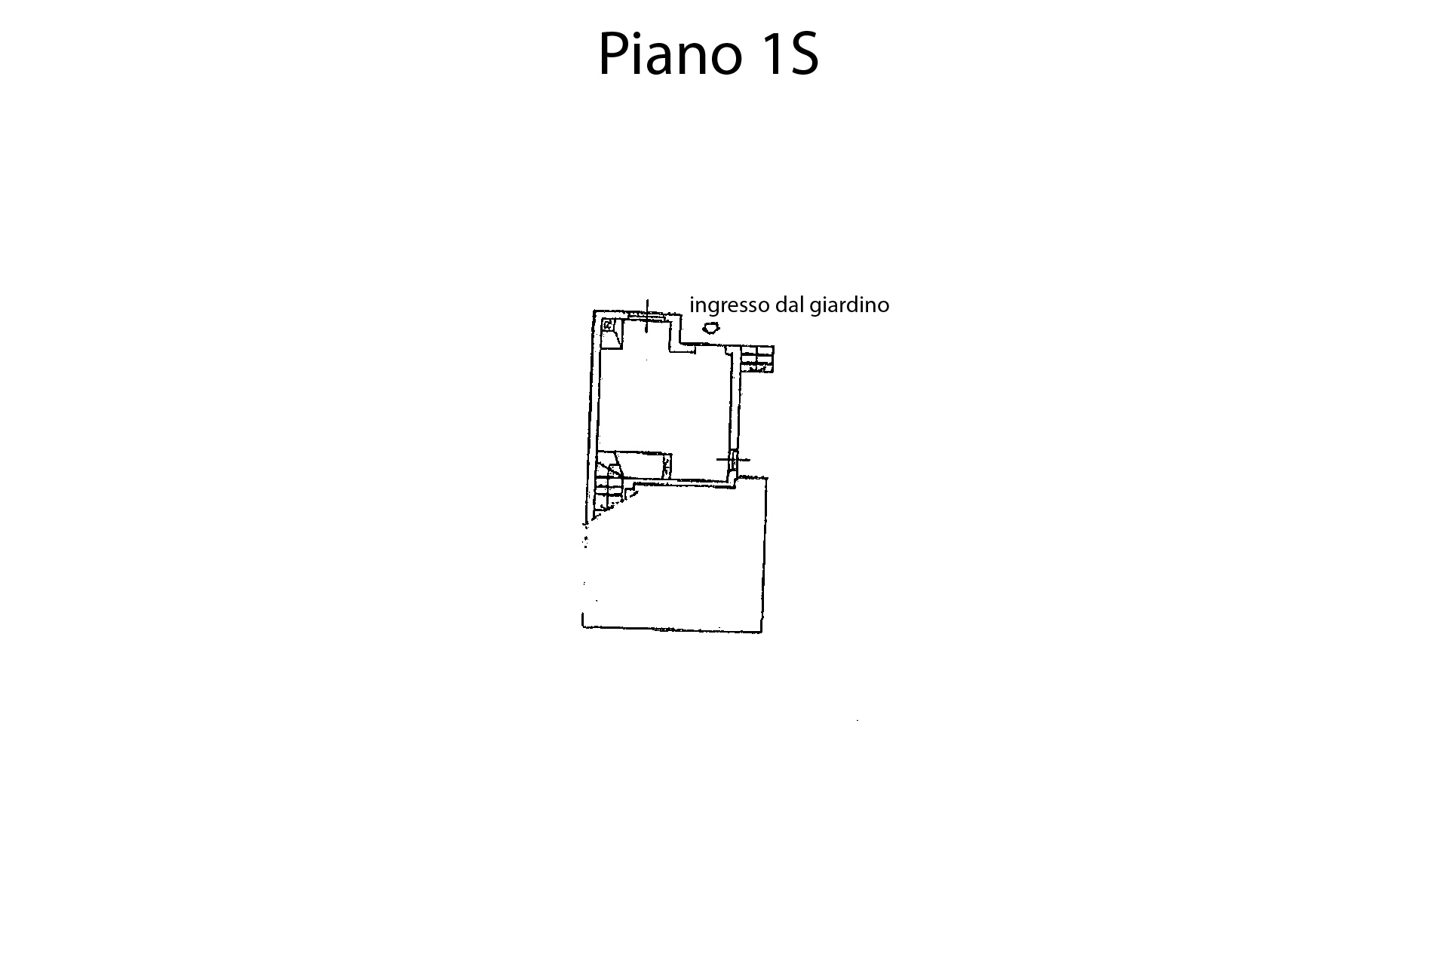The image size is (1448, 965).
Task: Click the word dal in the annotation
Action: pos(790,305)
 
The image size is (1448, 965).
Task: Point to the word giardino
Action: pos(849,305)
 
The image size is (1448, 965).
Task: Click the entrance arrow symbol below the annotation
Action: pos(710,328)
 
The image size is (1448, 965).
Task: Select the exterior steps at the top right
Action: pos(757,358)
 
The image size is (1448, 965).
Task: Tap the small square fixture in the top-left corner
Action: pos(608,325)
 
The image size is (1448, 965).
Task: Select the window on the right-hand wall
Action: pos(733,459)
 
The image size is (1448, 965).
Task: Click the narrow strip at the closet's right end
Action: pos(667,466)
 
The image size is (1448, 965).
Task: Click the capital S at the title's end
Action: pos(804,55)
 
